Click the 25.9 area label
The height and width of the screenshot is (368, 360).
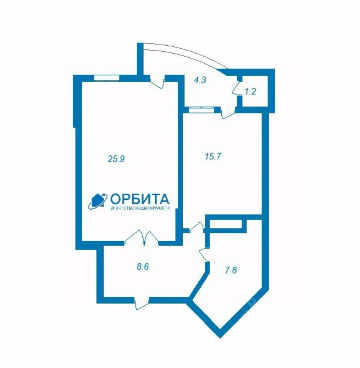116,159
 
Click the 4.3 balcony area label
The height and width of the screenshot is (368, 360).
200,80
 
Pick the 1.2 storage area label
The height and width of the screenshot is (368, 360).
250,92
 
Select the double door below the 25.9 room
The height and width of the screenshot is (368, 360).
142,238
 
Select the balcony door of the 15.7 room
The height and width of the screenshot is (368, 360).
228,113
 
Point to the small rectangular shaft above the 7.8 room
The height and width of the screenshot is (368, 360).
225,224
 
